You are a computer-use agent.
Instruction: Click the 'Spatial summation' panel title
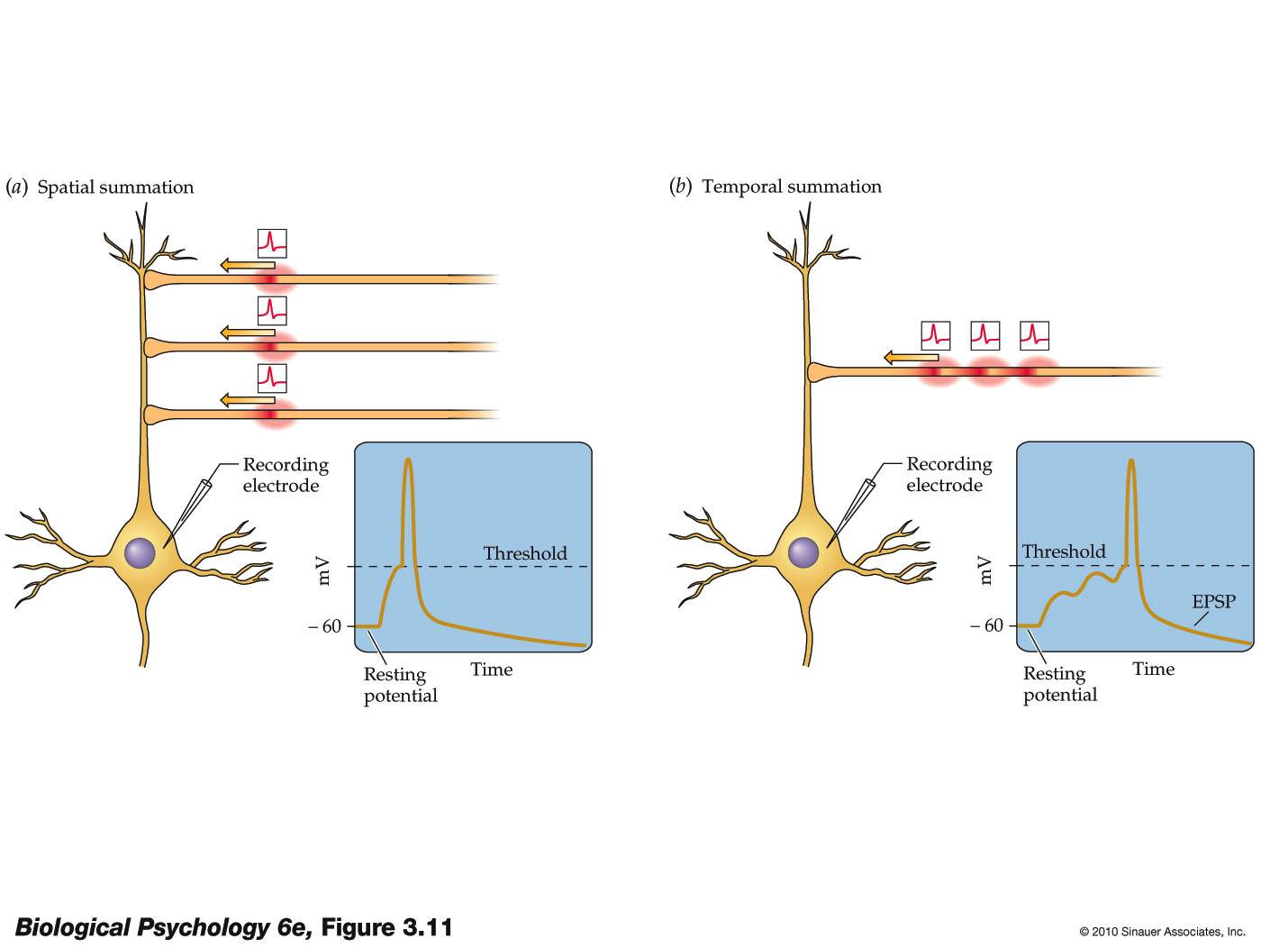(x=114, y=187)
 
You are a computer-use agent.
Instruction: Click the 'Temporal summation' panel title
(x=791, y=187)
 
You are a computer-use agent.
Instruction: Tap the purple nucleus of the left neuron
(x=140, y=551)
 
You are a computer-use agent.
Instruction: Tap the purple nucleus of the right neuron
(x=803, y=551)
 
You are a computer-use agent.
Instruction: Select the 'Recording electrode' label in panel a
(x=285, y=475)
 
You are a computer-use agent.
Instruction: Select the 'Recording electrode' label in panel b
(x=948, y=474)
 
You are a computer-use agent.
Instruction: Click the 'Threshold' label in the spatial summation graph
(x=524, y=553)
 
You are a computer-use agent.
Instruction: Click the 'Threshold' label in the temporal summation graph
(x=1063, y=551)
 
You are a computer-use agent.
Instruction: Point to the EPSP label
(x=1213, y=601)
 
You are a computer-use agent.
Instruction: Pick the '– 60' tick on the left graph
(x=325, y=626)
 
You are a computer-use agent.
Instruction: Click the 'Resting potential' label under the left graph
(x=400, y=685)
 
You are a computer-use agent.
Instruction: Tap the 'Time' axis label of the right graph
(x=1153, y=669)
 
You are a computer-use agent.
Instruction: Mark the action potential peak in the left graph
(x=409, y=461)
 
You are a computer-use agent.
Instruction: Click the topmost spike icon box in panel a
(x=272, y=243)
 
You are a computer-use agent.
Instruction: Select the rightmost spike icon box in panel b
(x=1034, y=336)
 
